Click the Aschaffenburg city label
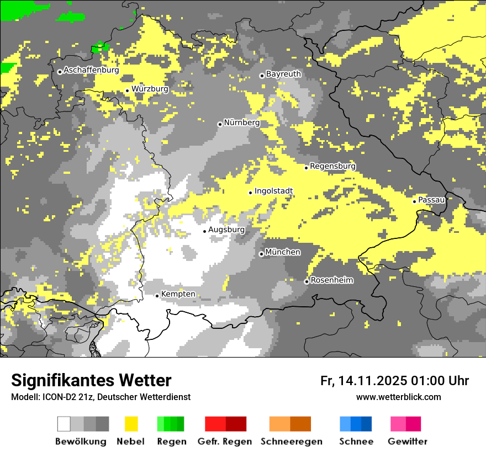point(91,71)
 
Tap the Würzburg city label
point(150,89)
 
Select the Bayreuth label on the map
point(283,74)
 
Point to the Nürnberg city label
point(241,123)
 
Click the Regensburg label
point(332,166)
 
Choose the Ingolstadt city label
point(273,191)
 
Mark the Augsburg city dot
point(204,231)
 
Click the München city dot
point(261,254)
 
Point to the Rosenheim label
point(332,280)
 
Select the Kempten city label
point(178,294)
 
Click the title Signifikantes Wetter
point(91,381)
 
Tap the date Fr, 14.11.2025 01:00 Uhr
point(394,381)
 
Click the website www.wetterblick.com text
point(398,397)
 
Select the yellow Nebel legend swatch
point(131,424)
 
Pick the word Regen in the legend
point(172,441)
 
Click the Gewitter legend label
point(407,441)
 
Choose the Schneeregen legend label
point(291,441)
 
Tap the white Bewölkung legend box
point(64,424)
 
